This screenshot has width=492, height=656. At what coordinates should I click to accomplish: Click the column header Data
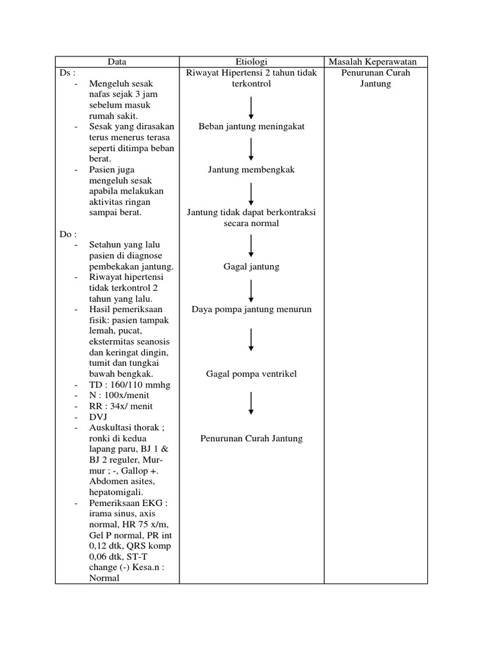(117, 61)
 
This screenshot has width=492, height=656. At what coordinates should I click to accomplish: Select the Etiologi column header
(251, 61)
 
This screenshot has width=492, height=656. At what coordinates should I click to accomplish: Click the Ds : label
(67, 72)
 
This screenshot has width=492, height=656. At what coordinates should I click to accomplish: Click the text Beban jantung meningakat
(251, 126)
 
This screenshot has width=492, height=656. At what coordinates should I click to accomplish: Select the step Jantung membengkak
(251, 170)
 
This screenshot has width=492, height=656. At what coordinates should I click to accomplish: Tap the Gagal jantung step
(251, 266)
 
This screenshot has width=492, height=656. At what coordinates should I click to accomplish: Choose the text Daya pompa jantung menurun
(251, 309)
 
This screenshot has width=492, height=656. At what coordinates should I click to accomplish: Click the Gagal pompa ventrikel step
(251, 373)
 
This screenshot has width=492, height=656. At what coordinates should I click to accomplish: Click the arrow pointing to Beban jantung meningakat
(251, 107)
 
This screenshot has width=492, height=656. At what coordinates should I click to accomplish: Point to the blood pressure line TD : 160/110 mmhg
(126, 384)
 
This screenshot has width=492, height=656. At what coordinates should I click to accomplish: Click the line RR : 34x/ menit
(121, 406)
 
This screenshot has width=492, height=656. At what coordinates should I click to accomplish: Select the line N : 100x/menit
(120, 395)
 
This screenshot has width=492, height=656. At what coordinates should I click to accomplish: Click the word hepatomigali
(116, 492)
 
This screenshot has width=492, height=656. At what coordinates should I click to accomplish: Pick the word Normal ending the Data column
(104, 578)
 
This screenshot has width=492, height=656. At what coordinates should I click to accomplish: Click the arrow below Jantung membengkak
(251, 193)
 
